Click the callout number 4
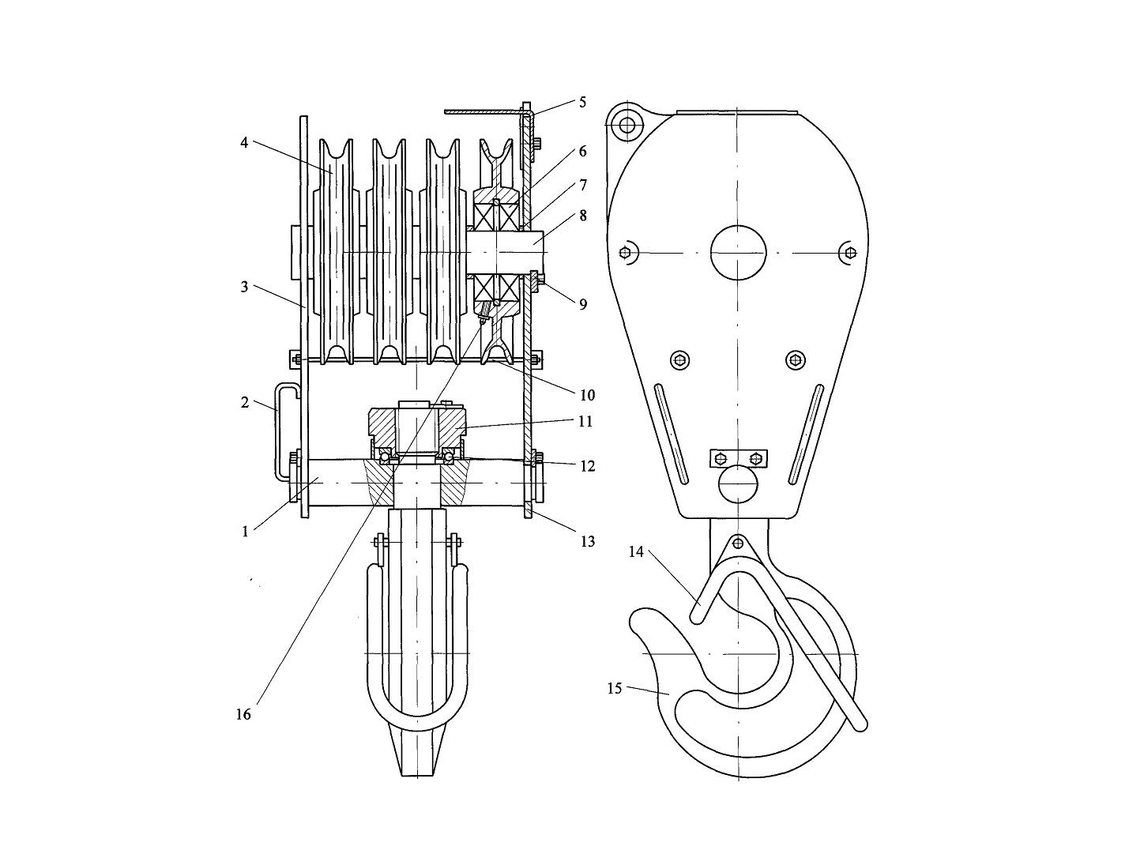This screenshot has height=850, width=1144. tap(244, 143)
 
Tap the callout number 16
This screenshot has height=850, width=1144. tap(243, 714)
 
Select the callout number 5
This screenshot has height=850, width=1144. tap(582, 102)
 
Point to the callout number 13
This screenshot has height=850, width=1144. tap(588, 542)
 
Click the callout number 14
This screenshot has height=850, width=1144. tap(636, 552)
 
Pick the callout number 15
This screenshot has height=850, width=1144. tap(615, 689)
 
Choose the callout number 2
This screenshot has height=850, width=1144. tap(245, 402)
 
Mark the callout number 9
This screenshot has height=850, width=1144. tap(583, 304)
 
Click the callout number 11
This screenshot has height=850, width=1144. tap(585, 421)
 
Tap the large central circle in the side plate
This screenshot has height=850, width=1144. tap(738, 253)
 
